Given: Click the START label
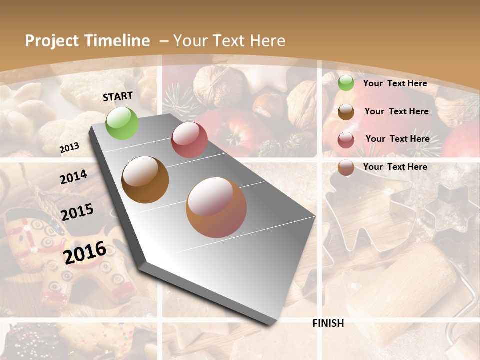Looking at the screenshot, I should point(118,96).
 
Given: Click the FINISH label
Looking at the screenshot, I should point(328,323).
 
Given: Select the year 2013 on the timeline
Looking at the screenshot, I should point(69,148).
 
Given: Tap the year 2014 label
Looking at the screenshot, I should point(73,177).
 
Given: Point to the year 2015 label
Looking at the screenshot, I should point(77,212).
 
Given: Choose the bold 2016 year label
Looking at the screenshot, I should point(85,252).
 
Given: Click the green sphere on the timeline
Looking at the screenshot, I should point(122,123).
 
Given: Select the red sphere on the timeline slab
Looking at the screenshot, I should point(189,139).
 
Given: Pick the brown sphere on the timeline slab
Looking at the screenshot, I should point(145,179).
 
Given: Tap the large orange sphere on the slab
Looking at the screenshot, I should point(216,207).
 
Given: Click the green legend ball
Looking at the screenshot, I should point(345,83).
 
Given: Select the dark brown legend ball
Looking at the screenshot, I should point(345,112).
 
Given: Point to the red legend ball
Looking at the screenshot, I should point(345,140).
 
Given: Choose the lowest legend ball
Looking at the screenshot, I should point(345,167).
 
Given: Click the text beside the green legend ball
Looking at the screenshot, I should point(395,83).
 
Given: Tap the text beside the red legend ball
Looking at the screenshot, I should point(397,139).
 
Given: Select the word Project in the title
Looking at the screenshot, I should point(52,41).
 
